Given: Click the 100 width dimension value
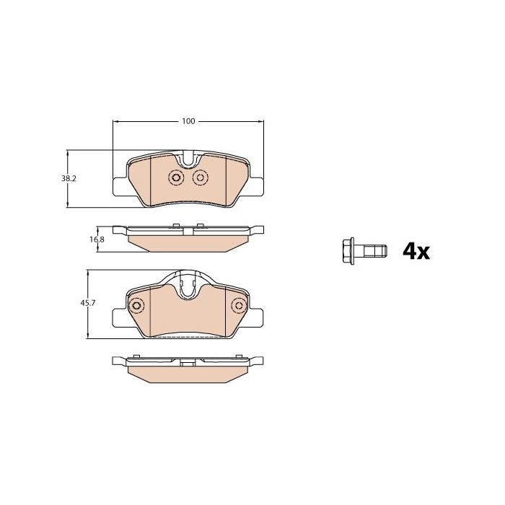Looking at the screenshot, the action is [x=188, y=121].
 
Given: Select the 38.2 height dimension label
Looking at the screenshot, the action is [x=69, y=178].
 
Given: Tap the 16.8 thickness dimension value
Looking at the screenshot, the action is [x=97, y=240].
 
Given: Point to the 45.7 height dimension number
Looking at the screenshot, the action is [x=88, y=303].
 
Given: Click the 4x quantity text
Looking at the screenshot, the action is [x=416, y=252].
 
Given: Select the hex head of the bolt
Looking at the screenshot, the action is [x=348, y=251].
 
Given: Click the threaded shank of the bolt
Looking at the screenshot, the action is [x=370, y=251].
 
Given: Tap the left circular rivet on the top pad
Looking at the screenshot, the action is [x=176, y=177].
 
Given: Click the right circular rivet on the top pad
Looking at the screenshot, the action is [x=201, y=177].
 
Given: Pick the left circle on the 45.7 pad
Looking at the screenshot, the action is [x=136, y=305].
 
